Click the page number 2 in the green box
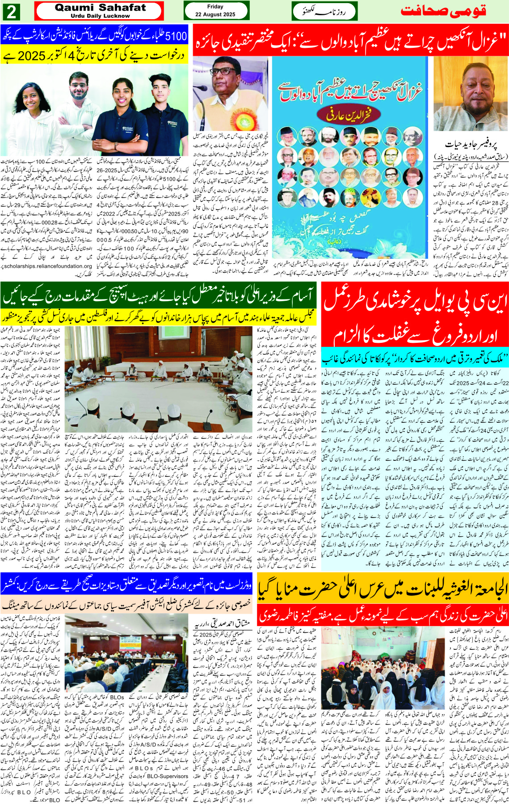[11, 11]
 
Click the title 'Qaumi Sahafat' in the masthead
[100, 8]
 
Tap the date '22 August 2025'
[215, 14]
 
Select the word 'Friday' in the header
[215, 7]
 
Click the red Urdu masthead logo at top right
[442, 11]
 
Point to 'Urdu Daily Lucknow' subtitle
[100, 16]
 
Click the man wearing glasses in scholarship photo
[81, 112]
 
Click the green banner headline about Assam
[158, 295]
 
